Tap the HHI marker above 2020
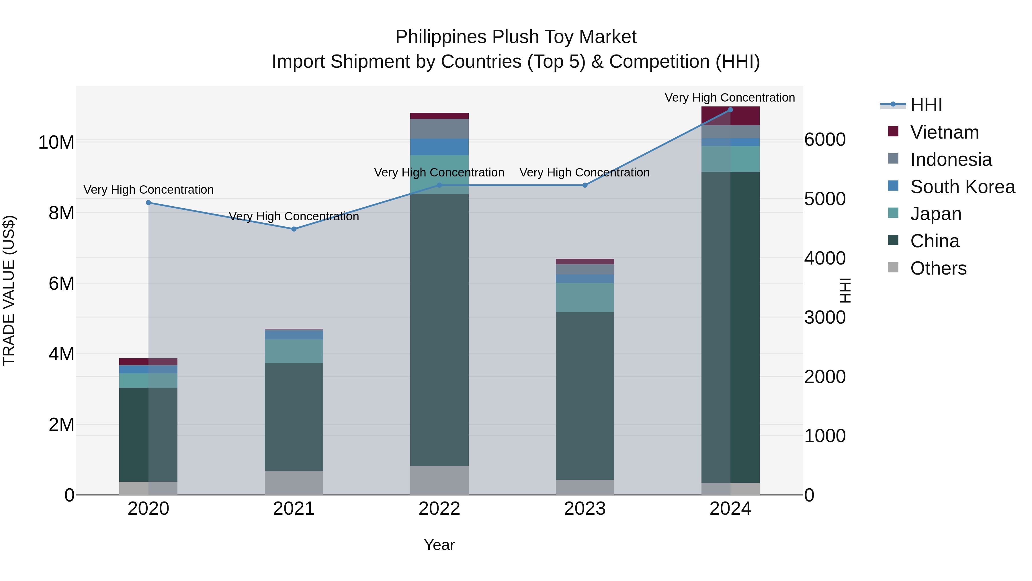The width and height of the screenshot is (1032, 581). pos(148,203)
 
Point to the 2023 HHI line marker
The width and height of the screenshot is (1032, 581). pos(585,185)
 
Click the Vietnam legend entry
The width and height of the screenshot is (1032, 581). pos(944,132)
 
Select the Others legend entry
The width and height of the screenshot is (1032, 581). pos(938,268)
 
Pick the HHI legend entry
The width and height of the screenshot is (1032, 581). pos(926,105)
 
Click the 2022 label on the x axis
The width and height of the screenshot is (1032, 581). pos(439,509)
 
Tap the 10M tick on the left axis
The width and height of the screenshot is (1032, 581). pos(56,142)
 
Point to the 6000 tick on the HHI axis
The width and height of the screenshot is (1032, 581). pos(825,139)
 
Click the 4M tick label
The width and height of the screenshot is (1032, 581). pos(61,354)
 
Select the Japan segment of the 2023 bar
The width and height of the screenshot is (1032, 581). pos(585,298)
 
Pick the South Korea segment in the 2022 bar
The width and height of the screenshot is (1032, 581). pos(439,147)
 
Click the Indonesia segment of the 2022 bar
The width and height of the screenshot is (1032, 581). pos(439,129)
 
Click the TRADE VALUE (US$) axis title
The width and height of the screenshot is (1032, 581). pos(9,290)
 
